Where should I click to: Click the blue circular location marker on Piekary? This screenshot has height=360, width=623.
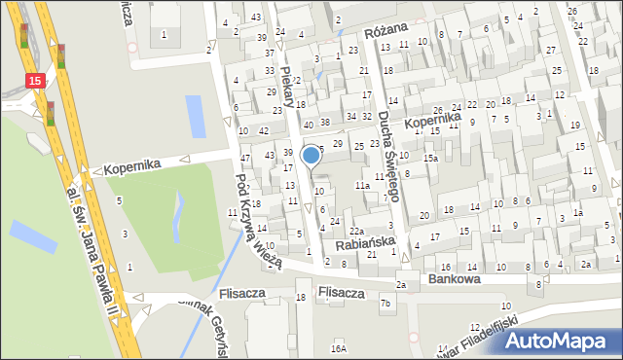[x=311, y=155]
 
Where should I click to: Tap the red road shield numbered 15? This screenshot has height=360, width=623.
[x=35, y=82]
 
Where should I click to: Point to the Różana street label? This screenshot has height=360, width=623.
[x=385, y=31]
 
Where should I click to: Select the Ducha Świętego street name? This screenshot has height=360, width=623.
[x=390, y=155]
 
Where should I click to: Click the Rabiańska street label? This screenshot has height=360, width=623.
[x=364, y=243]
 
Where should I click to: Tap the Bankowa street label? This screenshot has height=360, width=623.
[x=455, y=278]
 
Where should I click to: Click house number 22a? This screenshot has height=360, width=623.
[x=357, y=230]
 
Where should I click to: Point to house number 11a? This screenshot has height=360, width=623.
[x=361, y=185]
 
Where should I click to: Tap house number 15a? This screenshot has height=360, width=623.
[x=429, y=158]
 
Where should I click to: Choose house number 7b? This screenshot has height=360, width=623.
[x=385, y=304]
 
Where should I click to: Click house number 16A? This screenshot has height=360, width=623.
[x=338, y=347]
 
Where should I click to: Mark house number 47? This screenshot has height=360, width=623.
[x=245, y=158]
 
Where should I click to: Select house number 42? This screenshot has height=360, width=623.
[x=264, y=130]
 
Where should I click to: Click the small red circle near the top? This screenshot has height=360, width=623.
[x=131, y=47]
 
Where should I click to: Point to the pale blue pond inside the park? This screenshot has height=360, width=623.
[x=176, y=210]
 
